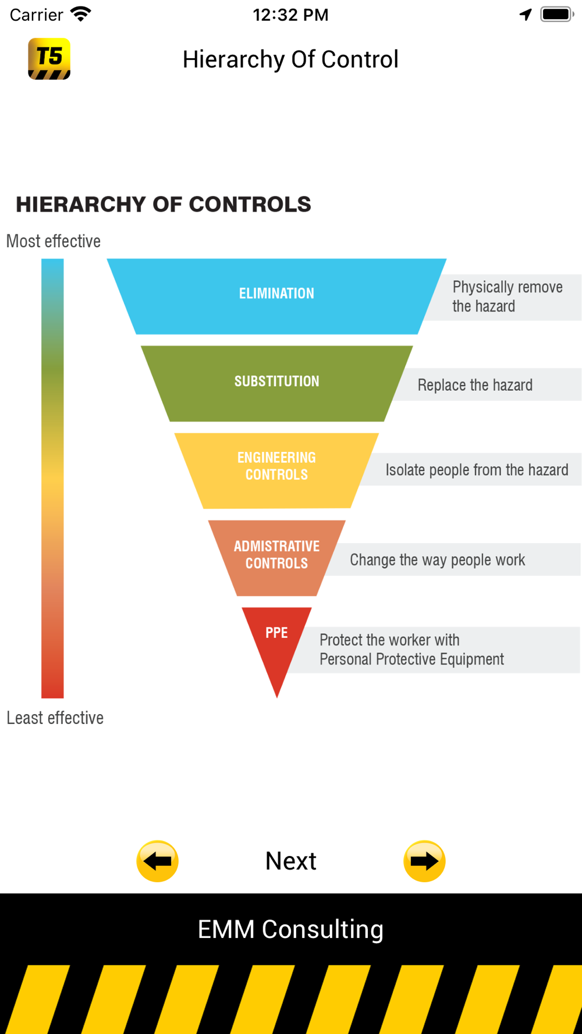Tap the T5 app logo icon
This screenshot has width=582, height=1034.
click(x=49, y=59)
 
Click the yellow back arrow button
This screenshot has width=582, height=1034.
click(x=157, y=861)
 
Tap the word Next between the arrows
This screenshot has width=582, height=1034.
click(x=290, y=861)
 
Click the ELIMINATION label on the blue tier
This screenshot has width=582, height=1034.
click(x=276, y=294)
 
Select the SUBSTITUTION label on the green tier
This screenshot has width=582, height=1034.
click(x=276, y=381)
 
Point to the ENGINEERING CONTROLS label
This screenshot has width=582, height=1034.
click(x=276, y=466)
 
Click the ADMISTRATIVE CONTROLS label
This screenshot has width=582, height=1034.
click(x=276, y=554)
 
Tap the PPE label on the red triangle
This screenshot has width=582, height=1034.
click(x=276, y=633)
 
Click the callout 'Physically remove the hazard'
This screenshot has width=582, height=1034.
click(x=507, y=297)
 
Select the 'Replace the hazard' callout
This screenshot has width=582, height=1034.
click(x=475, y=385)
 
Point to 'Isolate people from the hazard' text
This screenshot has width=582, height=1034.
click(x=477, y=470)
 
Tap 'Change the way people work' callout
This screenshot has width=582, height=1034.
click(x=437, y=560)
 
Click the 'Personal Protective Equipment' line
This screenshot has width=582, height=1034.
click(x=411, y=659)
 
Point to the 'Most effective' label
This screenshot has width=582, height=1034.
click(x=54, y=241)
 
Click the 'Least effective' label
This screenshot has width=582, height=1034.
click(x=55, y=718)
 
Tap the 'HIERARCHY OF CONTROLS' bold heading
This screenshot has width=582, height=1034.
click(x=164, y=205)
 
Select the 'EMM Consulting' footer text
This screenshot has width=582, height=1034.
click(x=290, y=929)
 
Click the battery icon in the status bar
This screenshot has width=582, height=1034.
click(x=556, y=15)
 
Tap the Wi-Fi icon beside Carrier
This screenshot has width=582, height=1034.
click(x=81, y=14)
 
